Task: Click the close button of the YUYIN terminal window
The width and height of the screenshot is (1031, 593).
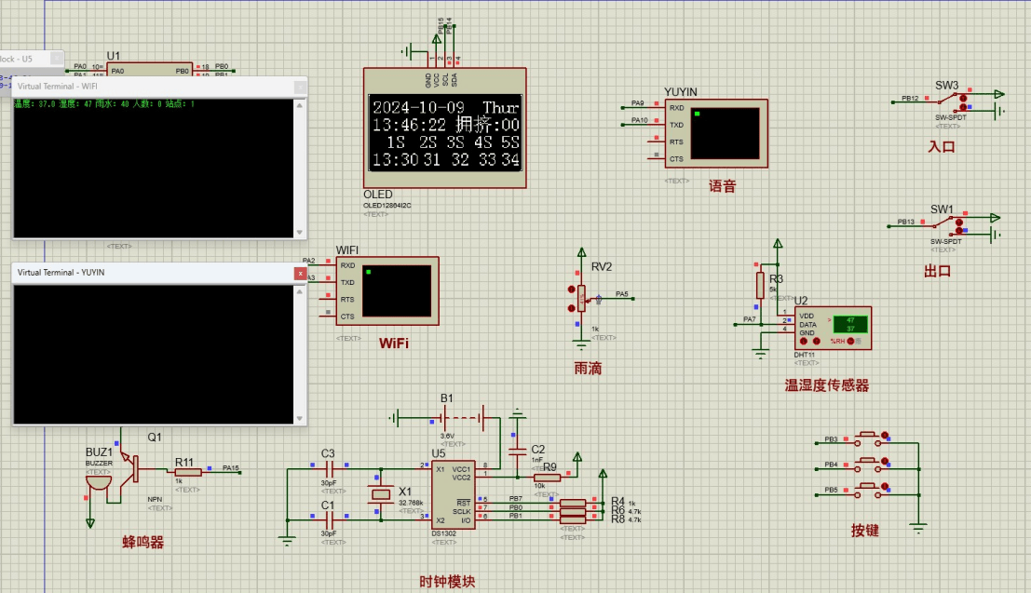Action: tap(300, 273)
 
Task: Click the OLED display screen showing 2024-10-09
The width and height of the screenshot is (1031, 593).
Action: tap(444, 132)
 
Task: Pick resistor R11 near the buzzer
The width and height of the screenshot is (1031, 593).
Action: tap(187, 472)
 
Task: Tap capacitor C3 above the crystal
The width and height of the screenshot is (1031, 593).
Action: tap(328, 469)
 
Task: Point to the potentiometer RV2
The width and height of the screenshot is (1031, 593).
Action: tap(582, 298)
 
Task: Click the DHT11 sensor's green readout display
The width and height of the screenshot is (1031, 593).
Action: tap(849, 324)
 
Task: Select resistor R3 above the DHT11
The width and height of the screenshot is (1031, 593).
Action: tap(760, 285)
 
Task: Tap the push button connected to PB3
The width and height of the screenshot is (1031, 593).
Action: tap(871, 436)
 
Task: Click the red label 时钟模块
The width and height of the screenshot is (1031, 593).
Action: tap(447, 582)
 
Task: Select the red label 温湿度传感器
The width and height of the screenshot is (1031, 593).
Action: tap(827, 385)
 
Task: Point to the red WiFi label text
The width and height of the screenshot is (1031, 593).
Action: tap(393, 344)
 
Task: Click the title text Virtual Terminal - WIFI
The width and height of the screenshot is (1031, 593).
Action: tap(57, 87)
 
